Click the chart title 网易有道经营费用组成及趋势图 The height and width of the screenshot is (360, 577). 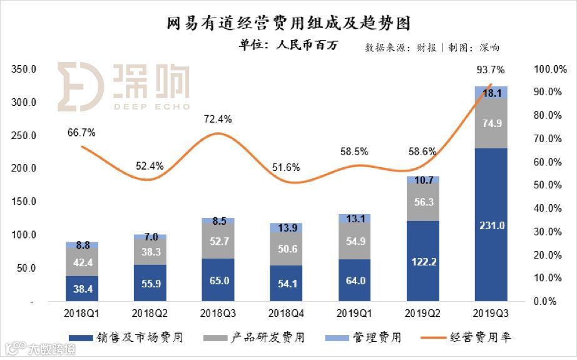(x=289, y=24)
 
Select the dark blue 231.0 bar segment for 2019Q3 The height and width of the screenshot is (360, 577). (x=491, y=225)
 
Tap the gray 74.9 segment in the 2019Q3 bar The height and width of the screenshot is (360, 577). (x=491, y=123)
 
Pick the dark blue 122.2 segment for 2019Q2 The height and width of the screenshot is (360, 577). (x=422, y=261)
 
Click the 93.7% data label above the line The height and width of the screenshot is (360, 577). (x=490, y=69)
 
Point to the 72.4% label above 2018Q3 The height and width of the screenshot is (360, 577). (x=218, y=119)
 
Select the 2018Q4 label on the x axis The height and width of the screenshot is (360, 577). (x=285, y=311)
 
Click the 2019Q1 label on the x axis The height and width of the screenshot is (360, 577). (x=354, y=311)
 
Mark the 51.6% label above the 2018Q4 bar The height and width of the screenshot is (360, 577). (x=285, y=167)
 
